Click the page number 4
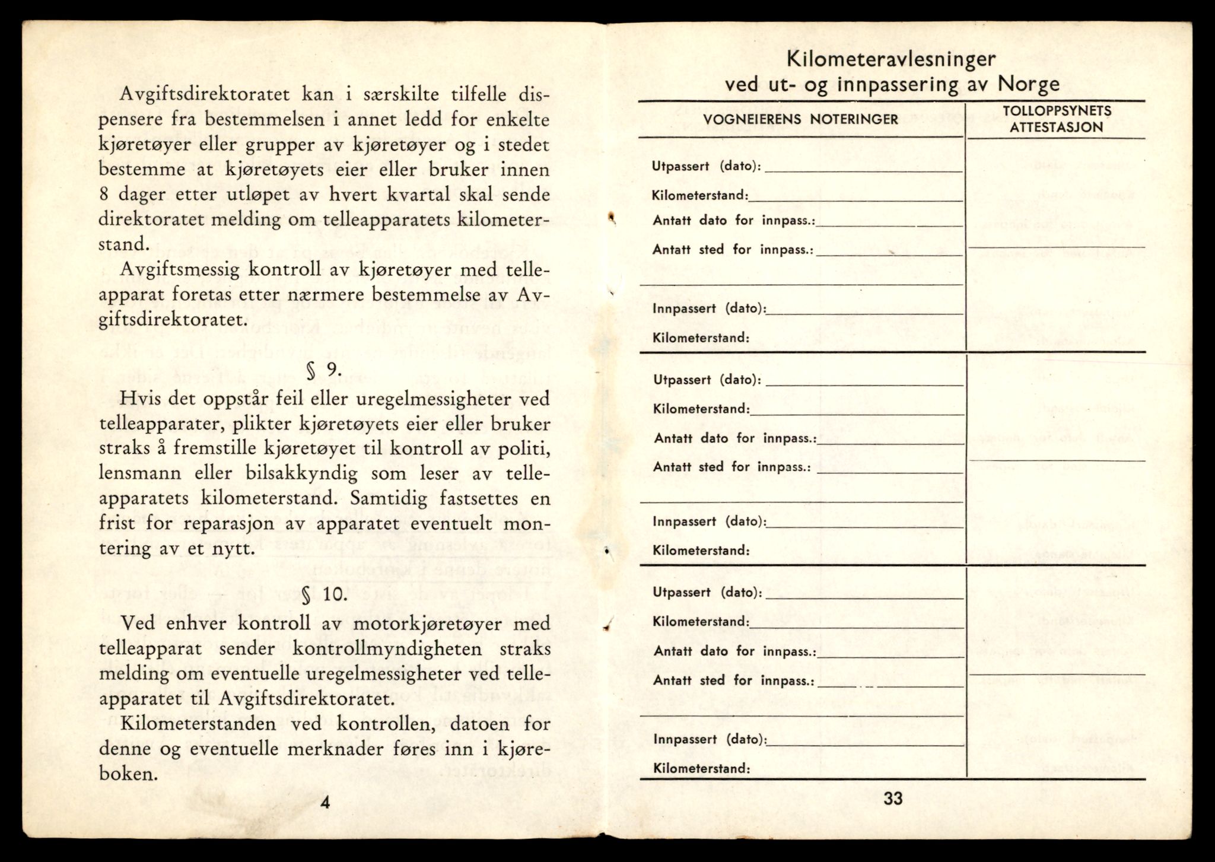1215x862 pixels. pos(325,803)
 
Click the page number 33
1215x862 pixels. pos(892,799)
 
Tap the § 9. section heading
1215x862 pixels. pos(324,370)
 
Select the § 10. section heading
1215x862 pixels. pos(324,594)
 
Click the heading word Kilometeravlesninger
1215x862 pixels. pos(890,59)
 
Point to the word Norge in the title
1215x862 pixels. pos(1028,83)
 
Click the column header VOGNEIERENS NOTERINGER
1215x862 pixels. pos(800,119)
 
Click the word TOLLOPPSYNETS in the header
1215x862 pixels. pos(1057,111)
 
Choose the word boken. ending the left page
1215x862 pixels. pos(128,774)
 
